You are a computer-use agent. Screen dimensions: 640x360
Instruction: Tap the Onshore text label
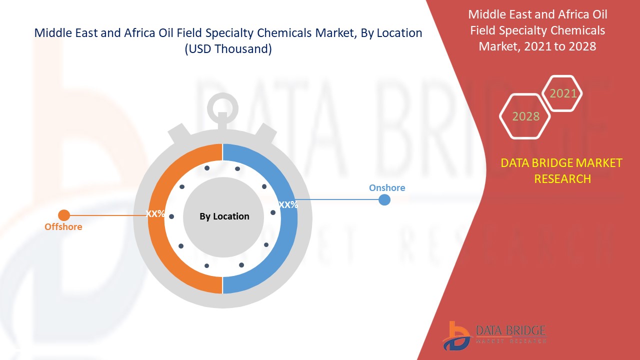(387, 187)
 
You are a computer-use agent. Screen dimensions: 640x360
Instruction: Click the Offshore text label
(63, 227)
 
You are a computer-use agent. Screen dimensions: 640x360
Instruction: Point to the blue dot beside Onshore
(384, 199)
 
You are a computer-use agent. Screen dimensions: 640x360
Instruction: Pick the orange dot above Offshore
(63, 215)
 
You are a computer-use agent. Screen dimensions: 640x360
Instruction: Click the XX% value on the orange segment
(155, 213)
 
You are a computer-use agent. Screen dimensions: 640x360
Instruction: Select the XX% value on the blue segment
(288, 204)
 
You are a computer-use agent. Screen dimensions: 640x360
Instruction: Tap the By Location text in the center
(224, 216)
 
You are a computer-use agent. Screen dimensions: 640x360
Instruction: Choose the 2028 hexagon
(525, 116)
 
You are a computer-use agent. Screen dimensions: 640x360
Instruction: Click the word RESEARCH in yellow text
(562, 179)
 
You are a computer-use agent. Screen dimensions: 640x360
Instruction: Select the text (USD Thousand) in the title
(228, 49)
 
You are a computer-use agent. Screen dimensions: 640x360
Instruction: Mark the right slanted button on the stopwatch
(265, 133)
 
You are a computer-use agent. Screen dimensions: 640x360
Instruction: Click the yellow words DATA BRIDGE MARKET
(561, 163)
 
